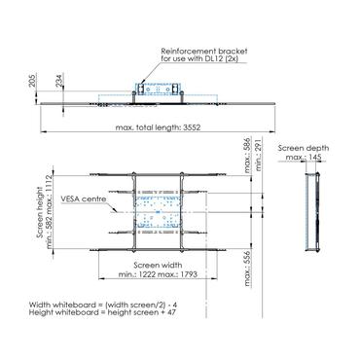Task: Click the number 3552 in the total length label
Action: point(192,127)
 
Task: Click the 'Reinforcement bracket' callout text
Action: point(204,52)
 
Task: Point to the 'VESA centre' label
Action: point(84,198)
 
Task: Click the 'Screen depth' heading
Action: point(304,148)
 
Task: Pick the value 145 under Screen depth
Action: point(315,158)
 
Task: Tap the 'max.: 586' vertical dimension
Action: point(248,156)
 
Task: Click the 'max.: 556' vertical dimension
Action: point(248,269)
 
